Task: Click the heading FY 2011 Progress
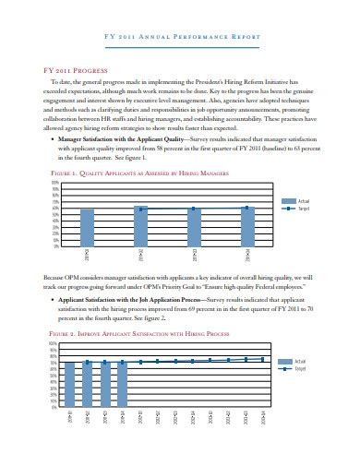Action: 66,68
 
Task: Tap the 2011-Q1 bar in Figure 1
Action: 87,229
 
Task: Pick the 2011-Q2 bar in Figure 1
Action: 140,227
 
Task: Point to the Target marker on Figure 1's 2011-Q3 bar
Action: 194,209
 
